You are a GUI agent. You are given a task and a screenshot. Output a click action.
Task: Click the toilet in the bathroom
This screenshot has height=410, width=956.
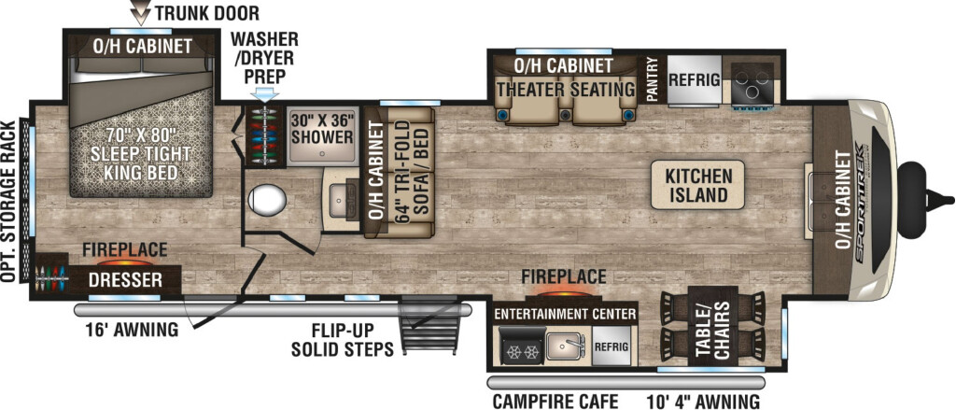pos(267,201)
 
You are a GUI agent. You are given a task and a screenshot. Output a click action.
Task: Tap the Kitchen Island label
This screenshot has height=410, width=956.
pos(698,186)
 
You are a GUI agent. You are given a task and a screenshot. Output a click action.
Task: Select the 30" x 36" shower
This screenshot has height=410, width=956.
pos(322,137)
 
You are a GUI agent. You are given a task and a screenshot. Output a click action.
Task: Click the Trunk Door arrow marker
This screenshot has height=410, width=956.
pos(142,13)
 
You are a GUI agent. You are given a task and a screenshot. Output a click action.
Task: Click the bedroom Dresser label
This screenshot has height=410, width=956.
pos(126,280)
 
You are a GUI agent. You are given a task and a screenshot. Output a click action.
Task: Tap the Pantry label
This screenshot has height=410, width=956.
pos(652,79)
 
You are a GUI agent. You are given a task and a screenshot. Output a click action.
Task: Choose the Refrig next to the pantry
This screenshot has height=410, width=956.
pos(695,80)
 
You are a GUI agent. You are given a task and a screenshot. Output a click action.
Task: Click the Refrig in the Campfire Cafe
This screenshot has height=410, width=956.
pos(612,346)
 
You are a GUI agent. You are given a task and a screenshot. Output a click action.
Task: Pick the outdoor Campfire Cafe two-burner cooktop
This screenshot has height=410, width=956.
pos(522,346)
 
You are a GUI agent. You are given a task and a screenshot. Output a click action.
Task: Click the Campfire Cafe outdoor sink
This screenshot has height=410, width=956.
pos(567,346)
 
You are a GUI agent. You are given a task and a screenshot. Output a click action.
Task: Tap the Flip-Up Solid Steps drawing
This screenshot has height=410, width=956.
pos(429,326)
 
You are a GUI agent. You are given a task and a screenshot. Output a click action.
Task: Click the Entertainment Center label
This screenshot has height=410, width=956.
pos(565,314)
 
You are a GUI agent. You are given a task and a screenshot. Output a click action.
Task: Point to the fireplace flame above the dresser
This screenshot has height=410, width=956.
pos(126,263)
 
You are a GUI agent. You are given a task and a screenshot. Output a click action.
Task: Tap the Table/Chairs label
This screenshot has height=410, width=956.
pos(713,330)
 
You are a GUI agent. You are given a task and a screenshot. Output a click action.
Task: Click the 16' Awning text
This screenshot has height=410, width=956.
pos(132,331)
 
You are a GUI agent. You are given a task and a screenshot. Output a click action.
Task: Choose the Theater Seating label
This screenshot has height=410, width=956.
pos(566,89)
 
